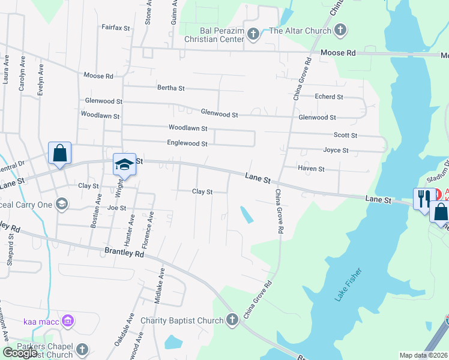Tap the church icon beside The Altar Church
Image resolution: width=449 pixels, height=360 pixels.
pyautogui.click(x=340, y=29)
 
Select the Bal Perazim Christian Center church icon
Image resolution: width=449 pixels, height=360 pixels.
pyautogui.click(x=253, y=34)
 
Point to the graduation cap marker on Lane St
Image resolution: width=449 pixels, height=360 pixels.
pyautogui.click(x=124, y=164)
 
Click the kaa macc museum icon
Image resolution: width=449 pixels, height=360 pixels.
pyautogui.click(x=67, y=322)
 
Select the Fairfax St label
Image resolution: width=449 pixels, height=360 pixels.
pyautogui.click(x=116, y=28)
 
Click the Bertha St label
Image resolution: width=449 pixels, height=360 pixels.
pyautogui.click(x=171, y=88)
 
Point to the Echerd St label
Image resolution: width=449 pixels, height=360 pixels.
pyautogui.click(x=329, y=97)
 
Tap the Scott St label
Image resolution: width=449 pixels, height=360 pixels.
pyautogui.click(x=345, y=136)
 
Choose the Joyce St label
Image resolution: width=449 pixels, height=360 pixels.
pyautogui.click(x=336, y=150)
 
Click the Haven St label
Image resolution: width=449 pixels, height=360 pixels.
pyautogui.click(x=311, y=169)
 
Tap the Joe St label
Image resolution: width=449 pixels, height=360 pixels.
pyautogui.click(x=116, y=208)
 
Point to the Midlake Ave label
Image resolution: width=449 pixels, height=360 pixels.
pyautogui.click(x=159, y=289)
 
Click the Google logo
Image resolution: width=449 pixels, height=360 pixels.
pyautogui.click(x=20, y=353)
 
